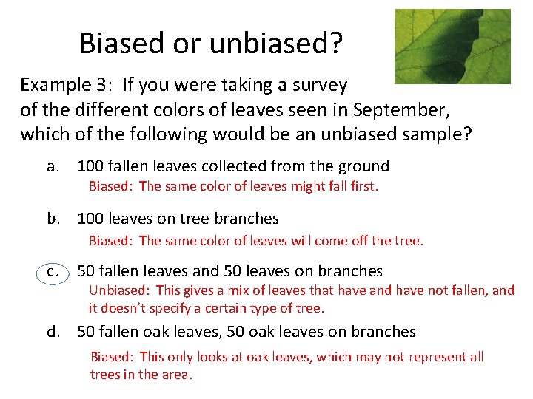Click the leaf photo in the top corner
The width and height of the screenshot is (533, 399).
(x=452, y=46)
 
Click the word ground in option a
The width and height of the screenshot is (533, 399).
(x=363, y=166)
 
